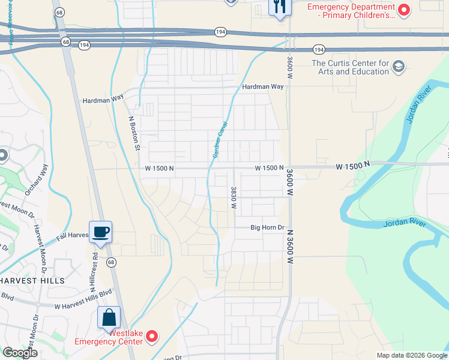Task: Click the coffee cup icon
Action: point(100,232)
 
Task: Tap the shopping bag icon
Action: point(109,317)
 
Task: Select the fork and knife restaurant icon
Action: point(280,8)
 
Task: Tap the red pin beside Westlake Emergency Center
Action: point(152,337)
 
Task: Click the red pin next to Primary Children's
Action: point(405,9)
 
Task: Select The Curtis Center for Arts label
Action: point(350,67)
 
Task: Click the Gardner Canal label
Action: point(219,139)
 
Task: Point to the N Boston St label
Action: point(135,133)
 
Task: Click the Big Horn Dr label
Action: point(267,227)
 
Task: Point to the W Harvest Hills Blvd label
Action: point(83,306)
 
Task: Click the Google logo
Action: point(19,353)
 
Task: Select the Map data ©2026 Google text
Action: point(411,355)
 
